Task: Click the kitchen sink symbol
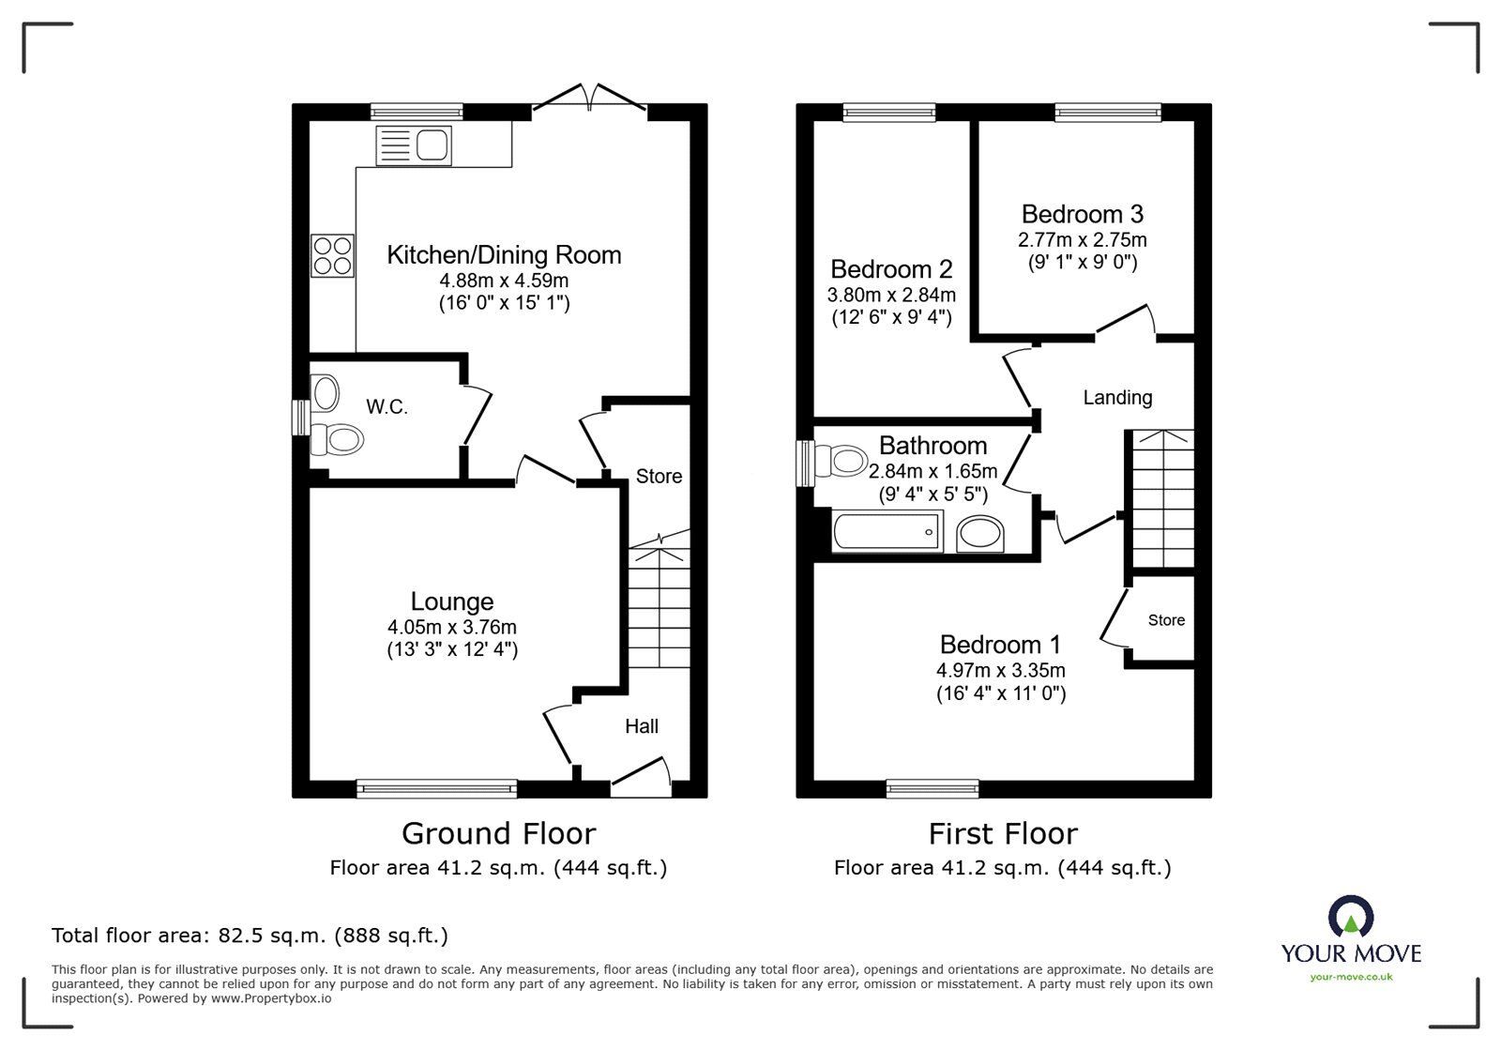click(414, 145)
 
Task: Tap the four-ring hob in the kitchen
click(332, 255)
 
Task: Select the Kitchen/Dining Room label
click(504, 254)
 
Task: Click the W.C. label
click(387, 407)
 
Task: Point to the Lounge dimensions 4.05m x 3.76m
click(452, 627)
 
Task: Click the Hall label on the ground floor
click(642, 725)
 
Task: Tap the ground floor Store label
click(659, 476)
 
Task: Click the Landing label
click(1117, 397)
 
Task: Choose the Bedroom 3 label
click(1082, 214)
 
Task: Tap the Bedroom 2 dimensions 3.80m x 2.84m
click(890, 295)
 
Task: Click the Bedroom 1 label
click(1000, 645)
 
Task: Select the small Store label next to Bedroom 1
click(1166, 620)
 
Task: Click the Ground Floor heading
click(498, 832)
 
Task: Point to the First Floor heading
click(1003, 832)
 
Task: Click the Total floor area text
click(250, 936)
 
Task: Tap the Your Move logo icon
click(1351, 917)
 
